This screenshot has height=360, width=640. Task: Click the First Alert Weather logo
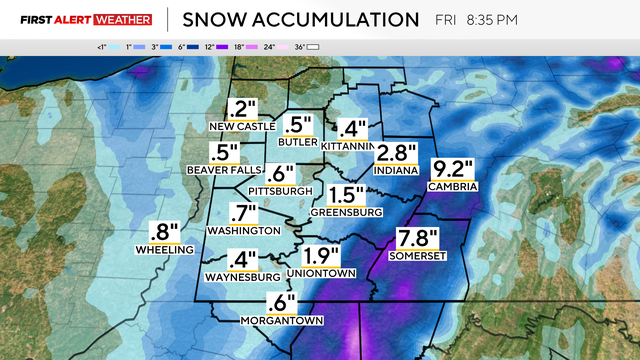tap(79, 19)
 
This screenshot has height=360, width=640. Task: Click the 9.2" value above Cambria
tap(453, 169)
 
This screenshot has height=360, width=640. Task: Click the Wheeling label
tap(166, 250)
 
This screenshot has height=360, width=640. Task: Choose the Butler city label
tap(299, 142)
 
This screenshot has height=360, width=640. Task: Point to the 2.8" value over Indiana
tap(396, 153)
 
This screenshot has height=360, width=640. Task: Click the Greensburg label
tap(347, 212)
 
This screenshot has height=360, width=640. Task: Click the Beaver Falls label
tap(224, 170)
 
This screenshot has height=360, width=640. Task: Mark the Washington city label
tap(242, 230)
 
